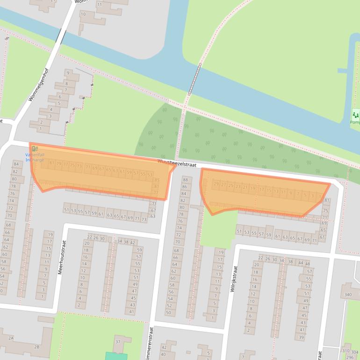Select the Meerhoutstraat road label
(x=60, y=257)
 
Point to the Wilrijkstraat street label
(x=234, y=279)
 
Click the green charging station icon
(x=34, y=149)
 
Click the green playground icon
(x=356, y=114)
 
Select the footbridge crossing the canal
(x=194, y=79)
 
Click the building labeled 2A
(x=10, y=338)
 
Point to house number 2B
(x=36, y=346)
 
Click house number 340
(x=347, y=295)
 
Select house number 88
(x=185, y=180)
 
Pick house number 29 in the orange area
(x=216, y=185)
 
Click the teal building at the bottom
(x=116, y=356)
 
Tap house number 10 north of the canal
(x=83, y=14)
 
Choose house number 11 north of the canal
(x=99, y=5)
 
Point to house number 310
(x=346, y=350)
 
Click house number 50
(x=169, y=312)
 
